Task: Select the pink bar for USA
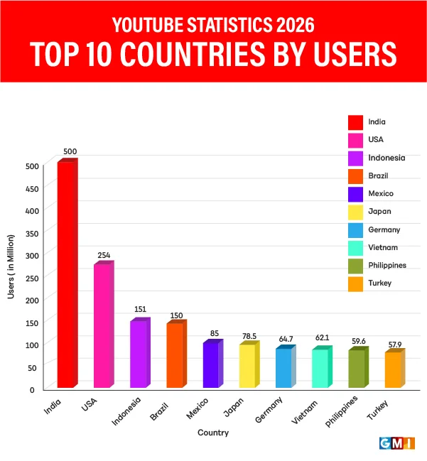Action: [x=103, y=326]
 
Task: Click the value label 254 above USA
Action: [x=104, y=255]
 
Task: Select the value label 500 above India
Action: [x=70, y=151]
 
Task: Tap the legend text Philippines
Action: [x=387, y=265]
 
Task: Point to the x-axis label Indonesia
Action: [x=126, y=411]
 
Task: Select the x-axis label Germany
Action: [x=269, y=410]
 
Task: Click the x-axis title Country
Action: [x=213, y=433]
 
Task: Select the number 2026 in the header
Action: [x=287, y=26]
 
